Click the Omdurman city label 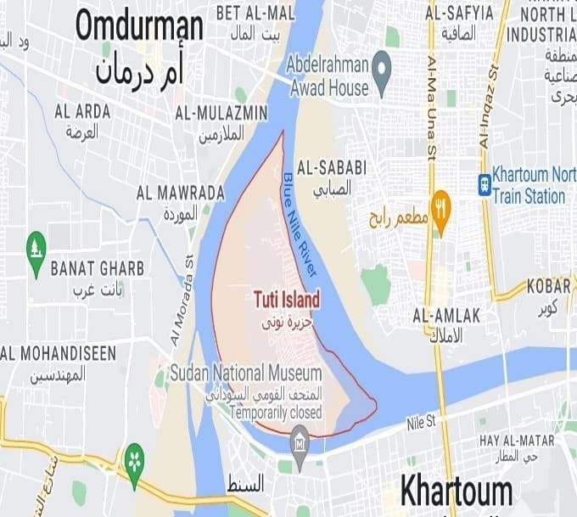(x=139, y=26)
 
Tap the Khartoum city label (x=457, y=492)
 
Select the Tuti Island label (x=287, y=300)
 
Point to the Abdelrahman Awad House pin (x=382, y=63)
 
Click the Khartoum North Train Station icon (x=485, y=184)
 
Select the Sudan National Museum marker (x=299, y=439)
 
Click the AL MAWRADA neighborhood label (x=180, y=193)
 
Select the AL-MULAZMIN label (x=221, y=113)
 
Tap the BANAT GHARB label (x=97, y=269)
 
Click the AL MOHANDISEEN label (x=58, y=353)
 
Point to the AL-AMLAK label (x=446, y=316)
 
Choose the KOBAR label (x=547, y=286)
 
